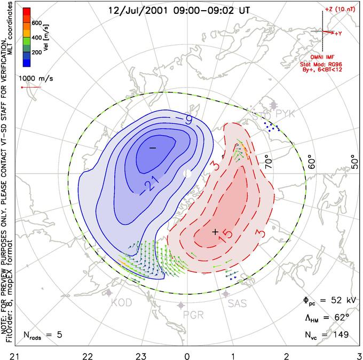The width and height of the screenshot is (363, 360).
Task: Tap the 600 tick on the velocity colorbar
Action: (36, 23)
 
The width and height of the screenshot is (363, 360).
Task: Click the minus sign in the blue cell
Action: (152, 147)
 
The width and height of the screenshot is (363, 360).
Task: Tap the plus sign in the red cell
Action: (215, 232)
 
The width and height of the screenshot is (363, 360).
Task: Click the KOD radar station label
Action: (122, 303)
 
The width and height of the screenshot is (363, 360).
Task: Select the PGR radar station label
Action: (194, 315)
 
